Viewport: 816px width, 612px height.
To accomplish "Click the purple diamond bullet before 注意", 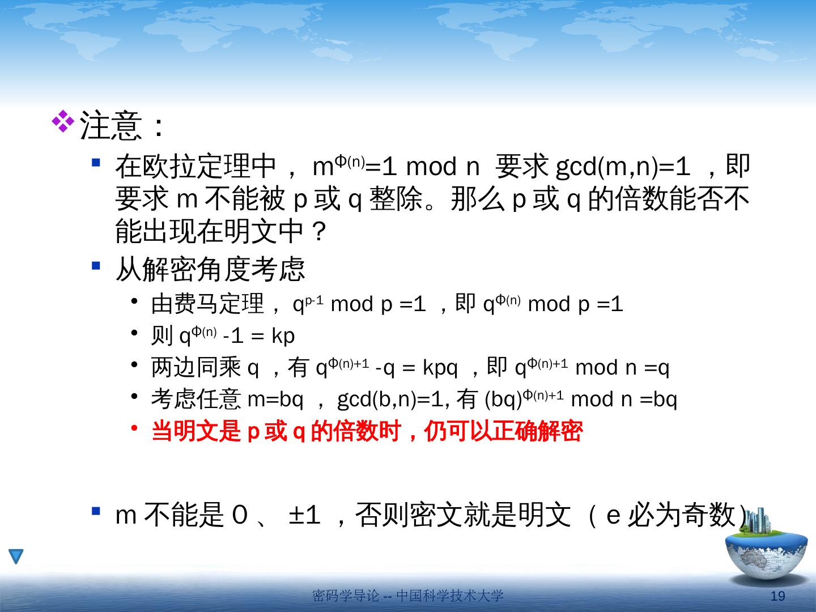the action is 63,121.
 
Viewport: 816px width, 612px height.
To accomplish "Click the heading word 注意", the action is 110,126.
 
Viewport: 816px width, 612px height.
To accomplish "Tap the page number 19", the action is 777,596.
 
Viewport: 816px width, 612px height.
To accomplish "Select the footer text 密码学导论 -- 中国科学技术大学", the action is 408,596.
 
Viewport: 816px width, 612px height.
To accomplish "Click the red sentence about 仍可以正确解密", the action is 367,431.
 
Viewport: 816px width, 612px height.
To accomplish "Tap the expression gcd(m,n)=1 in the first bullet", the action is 623,167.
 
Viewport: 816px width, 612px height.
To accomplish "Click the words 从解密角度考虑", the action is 210,269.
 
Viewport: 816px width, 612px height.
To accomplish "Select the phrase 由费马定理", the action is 207,304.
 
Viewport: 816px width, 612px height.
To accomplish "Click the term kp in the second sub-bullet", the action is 283,336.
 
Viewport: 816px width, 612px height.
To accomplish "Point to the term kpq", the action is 440,368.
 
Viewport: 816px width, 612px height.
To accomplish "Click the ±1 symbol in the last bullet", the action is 304,516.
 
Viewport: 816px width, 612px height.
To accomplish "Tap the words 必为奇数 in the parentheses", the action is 682,515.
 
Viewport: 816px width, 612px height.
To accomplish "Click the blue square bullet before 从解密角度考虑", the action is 96,266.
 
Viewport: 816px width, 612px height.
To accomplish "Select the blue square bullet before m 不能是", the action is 96,511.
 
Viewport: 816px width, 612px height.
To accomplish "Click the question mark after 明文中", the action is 318,231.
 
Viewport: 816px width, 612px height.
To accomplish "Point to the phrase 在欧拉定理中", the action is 195,167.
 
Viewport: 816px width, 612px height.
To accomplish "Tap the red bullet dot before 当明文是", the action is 134,428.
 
